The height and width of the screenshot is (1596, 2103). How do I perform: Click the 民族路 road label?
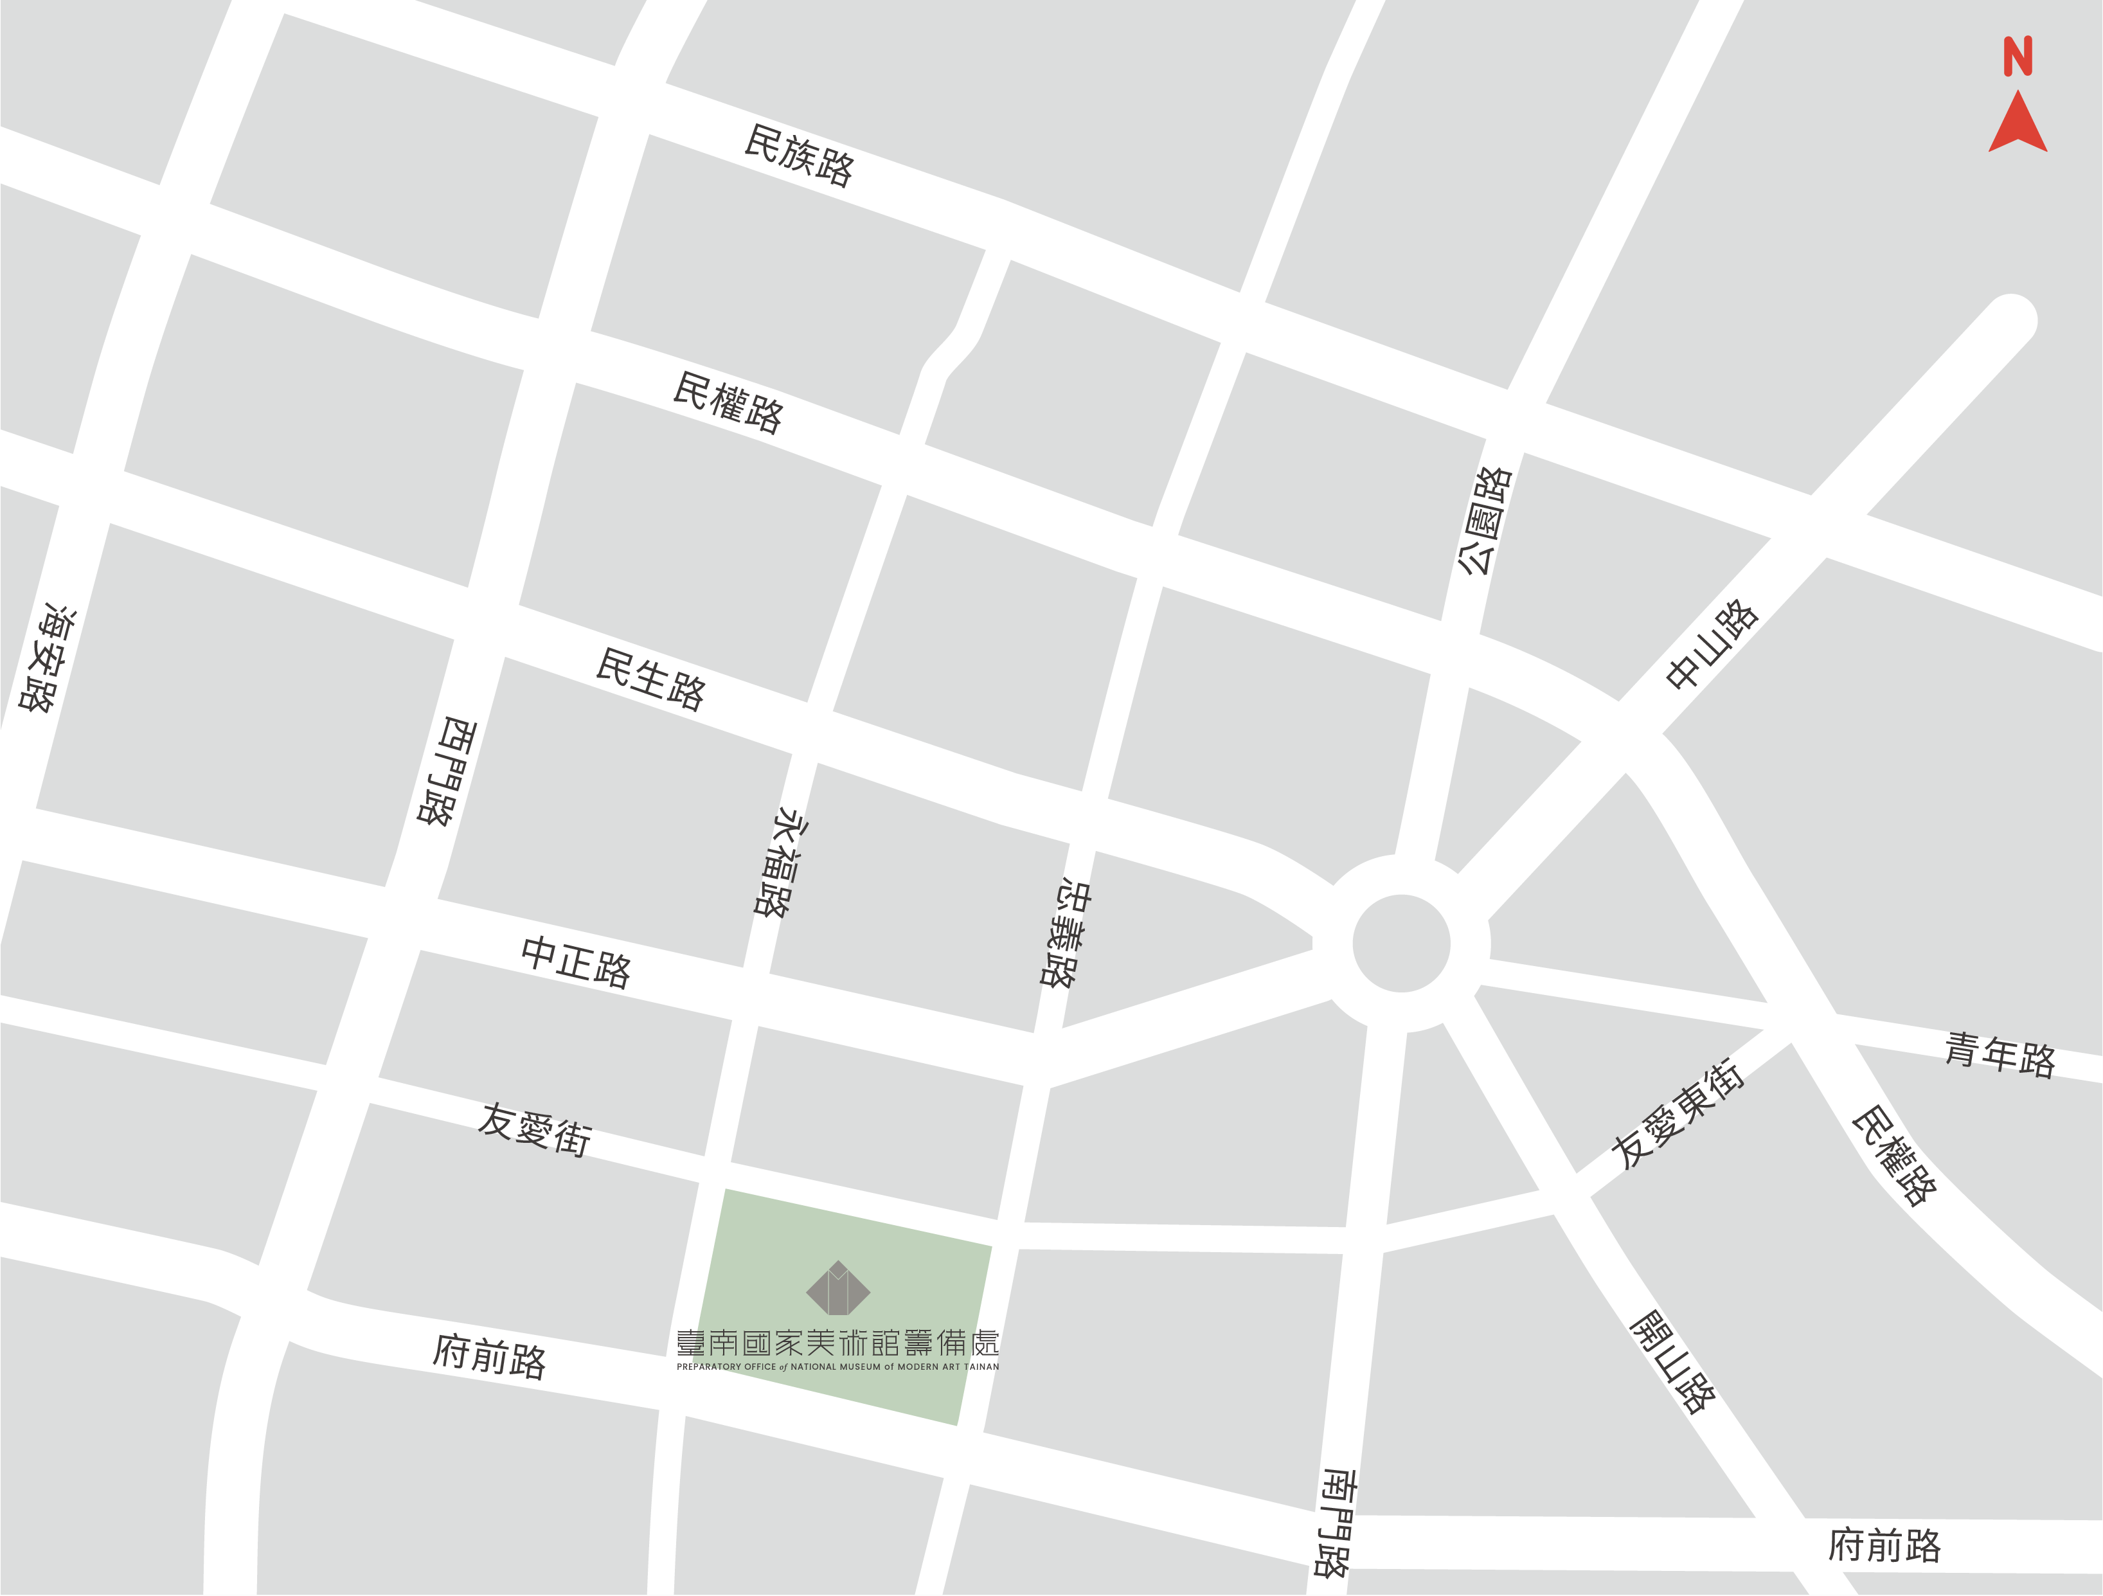[799, 156]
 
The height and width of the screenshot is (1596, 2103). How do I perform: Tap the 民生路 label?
[650, 679]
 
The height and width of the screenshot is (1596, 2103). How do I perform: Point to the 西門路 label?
[447, 771]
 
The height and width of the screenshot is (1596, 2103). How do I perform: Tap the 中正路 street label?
[576, 962]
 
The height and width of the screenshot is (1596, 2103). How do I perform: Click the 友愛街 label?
[534, 1130]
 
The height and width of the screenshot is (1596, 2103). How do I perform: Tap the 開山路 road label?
[1672, 1362]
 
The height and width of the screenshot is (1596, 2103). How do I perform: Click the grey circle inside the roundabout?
[1401, 943]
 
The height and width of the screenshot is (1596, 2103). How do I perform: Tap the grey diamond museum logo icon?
[837, 1288]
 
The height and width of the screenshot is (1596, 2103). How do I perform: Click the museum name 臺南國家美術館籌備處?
[837, 1343]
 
